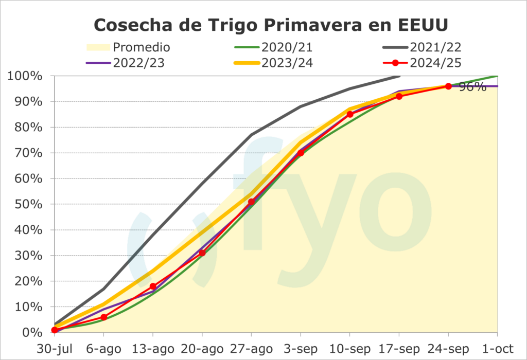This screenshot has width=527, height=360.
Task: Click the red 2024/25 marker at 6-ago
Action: point(104,317)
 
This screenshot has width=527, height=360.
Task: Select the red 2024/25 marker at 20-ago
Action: point(202,253)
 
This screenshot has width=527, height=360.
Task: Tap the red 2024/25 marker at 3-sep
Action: point(301,153)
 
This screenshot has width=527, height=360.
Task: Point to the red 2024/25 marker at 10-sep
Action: point(350,114)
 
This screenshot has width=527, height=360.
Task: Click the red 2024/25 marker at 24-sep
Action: point(448,86)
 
